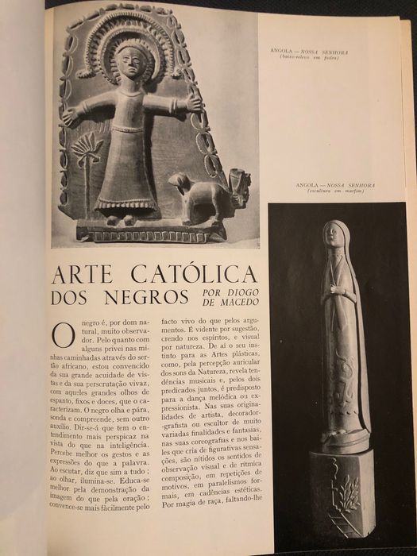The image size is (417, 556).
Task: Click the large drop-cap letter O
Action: point(63,334)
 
